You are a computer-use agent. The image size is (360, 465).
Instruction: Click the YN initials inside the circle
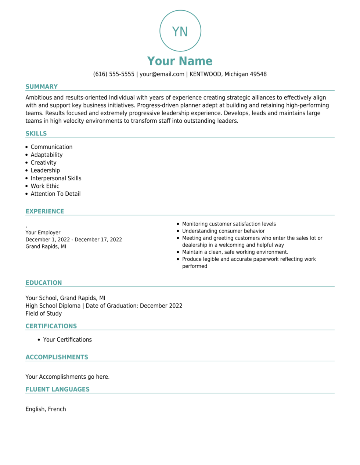[180, 32]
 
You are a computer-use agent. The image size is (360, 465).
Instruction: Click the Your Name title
[180, 61]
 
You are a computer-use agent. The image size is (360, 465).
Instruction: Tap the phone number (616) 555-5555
[114, 74]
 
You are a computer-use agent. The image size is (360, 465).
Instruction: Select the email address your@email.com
[162, 74]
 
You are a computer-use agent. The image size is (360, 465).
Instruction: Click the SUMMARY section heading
[42, 87]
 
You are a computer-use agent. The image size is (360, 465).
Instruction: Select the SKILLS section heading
[36, 134]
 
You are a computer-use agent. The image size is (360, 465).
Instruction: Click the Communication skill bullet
[51, 147]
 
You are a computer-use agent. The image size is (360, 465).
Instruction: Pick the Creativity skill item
[43, 163]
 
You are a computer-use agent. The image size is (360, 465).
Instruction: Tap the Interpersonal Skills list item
[56, 178]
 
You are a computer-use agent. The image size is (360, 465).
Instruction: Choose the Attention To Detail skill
[55, 194]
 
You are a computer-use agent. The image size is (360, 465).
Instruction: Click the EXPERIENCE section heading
[44, 212]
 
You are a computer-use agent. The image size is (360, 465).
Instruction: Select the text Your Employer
[43, 232]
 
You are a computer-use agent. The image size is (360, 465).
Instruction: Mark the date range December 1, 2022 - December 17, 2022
[73, 239]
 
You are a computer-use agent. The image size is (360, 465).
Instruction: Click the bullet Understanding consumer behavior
[223, 231]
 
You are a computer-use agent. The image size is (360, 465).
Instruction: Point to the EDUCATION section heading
[44, 283]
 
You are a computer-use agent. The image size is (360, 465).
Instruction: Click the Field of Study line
[44, 314]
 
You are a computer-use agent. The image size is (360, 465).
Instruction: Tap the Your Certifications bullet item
[67, 340]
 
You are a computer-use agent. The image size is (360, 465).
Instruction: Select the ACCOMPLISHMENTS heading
[57, 357]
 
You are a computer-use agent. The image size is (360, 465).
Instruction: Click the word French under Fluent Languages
[57, 409]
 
